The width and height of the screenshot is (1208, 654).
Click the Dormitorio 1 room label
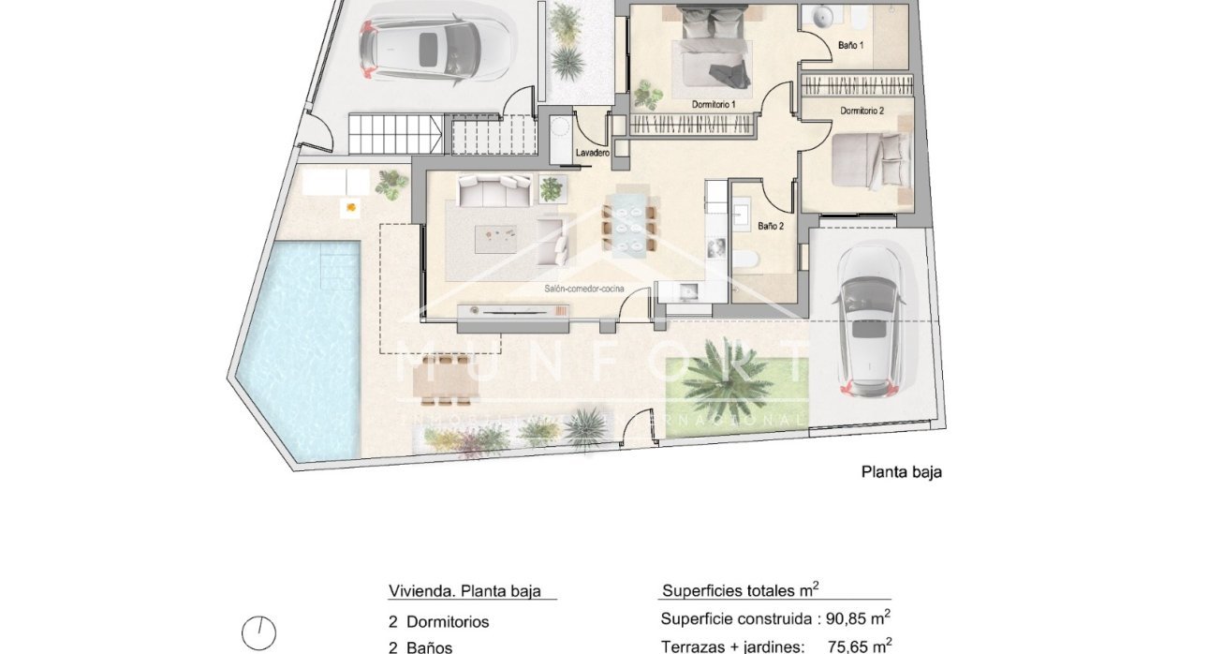(714, 104)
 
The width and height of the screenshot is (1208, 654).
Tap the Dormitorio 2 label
(862, 111)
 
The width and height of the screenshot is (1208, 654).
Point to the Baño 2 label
(771, 226)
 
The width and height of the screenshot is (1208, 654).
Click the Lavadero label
(593, 152)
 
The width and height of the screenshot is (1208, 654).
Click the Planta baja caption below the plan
(901, 472)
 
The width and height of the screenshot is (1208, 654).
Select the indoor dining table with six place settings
(623, 225)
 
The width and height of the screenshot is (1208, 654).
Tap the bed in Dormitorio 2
(871, 161)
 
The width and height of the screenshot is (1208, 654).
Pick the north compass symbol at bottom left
(258, 633)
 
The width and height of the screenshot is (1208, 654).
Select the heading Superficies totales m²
(741, 590)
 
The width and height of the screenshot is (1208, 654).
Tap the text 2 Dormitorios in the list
(438, 622)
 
